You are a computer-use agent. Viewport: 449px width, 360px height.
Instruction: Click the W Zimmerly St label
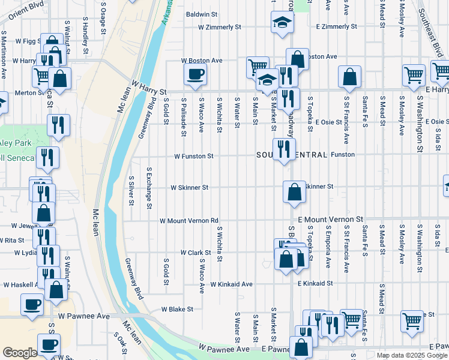click(220, 27)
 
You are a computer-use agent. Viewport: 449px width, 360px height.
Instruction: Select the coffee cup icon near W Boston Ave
click(196, 75)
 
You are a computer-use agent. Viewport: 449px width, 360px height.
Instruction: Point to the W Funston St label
click(193, 156)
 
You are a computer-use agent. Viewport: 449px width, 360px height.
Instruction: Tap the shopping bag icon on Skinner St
click(294, 193)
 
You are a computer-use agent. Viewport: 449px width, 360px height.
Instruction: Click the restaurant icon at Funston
click(282, 149)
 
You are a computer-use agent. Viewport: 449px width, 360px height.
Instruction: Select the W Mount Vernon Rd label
click(188, 221)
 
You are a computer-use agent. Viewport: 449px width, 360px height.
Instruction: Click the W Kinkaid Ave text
click(231, 283)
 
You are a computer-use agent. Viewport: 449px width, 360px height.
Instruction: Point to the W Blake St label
click(177, 310)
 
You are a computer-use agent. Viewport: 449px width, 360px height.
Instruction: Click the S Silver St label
click(131, 190)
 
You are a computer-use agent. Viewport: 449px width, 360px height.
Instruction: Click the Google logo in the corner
click(19, 352)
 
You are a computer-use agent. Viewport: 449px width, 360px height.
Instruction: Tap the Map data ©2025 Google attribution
click(411, 355)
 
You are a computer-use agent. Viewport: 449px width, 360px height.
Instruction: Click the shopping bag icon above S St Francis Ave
click(349, 77)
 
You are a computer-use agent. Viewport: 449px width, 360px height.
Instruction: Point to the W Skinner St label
click(190, 187)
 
